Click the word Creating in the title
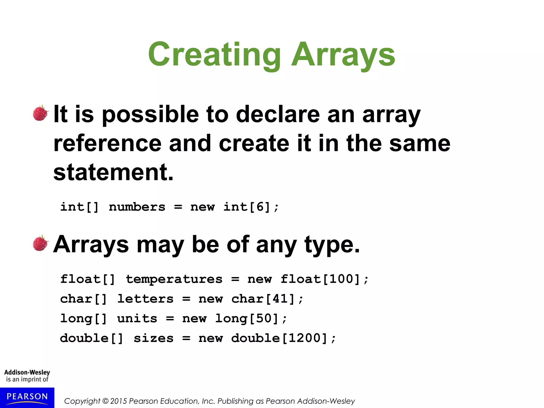click(214, 54)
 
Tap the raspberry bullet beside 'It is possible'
click(41, 113)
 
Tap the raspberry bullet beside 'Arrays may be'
click(41, 243)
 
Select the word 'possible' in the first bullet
click(150, 115)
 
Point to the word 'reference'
click(107, 143)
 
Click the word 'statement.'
click(113, 172)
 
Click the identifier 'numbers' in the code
click(137, 207)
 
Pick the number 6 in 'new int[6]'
click(260, 207)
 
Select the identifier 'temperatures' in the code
click(174, 279)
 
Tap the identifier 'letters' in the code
click(145, 299)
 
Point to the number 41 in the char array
click(280, 299)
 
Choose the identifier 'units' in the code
click(137, 318)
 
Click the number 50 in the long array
click(264, 318)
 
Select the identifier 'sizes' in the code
click(154, 338)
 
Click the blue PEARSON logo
click(27, 397)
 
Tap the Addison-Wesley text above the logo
click(27, 372)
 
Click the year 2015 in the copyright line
click(119, 401)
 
